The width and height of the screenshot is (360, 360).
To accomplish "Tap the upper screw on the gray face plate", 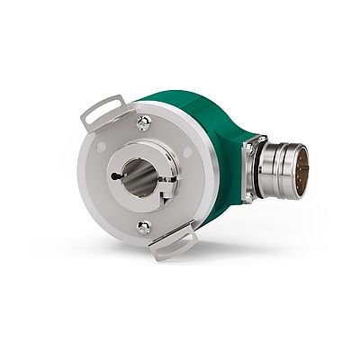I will (143, 122).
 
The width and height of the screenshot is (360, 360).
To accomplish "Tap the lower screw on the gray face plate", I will (144, 228).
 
